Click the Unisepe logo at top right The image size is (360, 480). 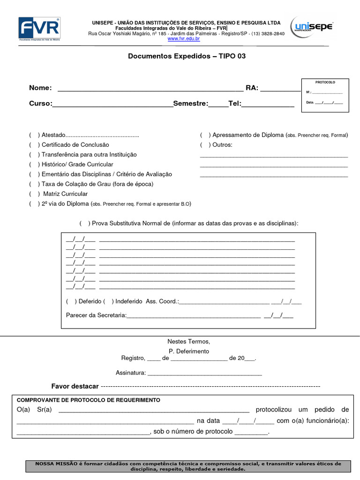[x=312, y=27]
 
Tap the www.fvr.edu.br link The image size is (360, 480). [x=184, y=39]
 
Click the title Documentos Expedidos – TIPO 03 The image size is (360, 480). [x=187, y=56]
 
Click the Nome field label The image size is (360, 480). [x=40, y=88]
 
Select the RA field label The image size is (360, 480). [x=252, y=88]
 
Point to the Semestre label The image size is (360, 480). [x=190, y=104]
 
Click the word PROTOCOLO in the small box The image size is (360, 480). [x=325, y=82]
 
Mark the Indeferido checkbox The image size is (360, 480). [x=108, y=301]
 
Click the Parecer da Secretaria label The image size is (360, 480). [x=96, y=315]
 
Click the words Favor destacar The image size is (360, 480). [x=75, y=386]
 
